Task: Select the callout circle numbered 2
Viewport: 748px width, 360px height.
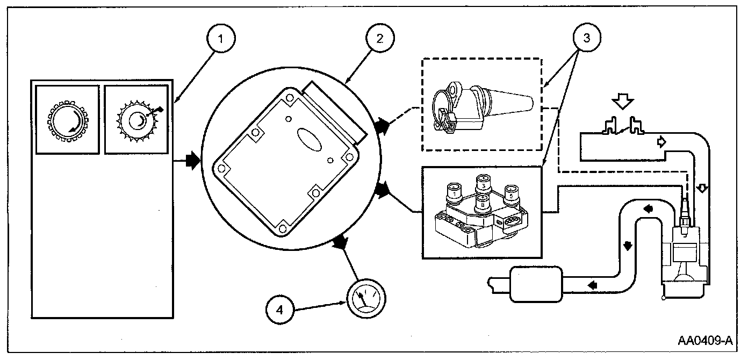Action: pos(379,39)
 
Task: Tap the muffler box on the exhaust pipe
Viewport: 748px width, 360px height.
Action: pos(536,283)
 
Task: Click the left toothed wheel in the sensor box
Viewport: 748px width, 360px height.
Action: pos(67,119)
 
